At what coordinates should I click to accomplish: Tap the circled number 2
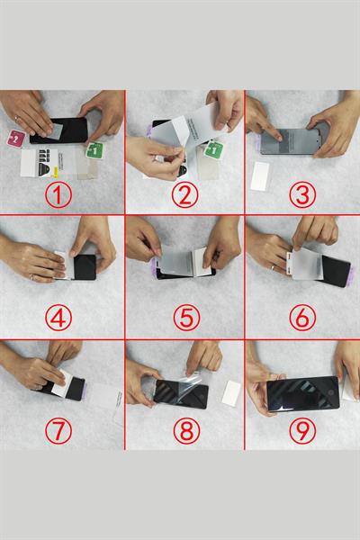coord(184,193)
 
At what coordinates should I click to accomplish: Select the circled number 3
coord(302,193)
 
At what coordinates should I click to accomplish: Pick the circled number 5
coord(184,310)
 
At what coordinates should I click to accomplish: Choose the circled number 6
coord(302,310)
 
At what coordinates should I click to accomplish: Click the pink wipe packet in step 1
coord(15,138)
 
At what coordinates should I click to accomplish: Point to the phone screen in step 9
coord(302,393)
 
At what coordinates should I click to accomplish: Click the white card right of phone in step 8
coord(230,391)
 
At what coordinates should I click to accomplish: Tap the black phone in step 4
coord(84,267)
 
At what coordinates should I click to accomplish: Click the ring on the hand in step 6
coord(272,265)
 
